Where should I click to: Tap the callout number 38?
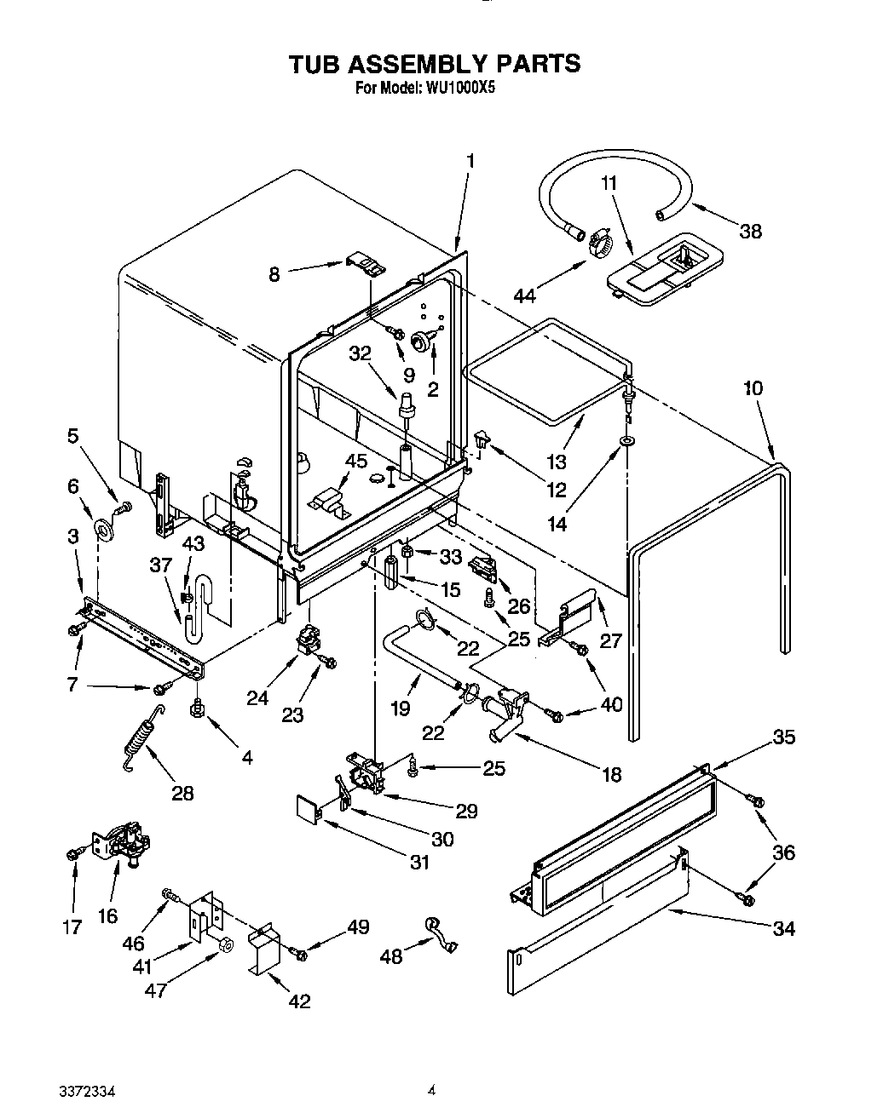click(x=750, y=230)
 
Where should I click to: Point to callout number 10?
click(x=753, y=388)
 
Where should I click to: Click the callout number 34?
click(x=782, y=928)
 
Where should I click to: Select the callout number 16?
click(x=107, y=915)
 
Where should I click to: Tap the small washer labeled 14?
click(x=627, y=442)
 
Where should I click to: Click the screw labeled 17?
click(x=71, y=852)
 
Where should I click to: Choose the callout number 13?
click(x=557, y=462)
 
